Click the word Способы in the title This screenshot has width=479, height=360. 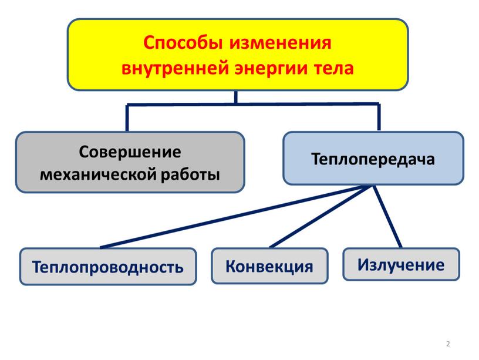[x=183, y=43]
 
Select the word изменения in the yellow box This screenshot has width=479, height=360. [x=281, y=43]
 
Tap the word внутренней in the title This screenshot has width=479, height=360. [x=175, y=68]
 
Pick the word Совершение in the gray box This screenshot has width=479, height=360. [x=130, y=152]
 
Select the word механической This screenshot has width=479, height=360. [x=98, y=175]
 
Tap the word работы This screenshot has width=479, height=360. [x=190, y=174]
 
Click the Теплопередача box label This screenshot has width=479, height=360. [x=373, y=160]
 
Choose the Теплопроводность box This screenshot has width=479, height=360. [x=108, y=267]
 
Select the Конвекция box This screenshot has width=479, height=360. [x=269, y=266]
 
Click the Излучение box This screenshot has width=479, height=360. [x=401, y=264]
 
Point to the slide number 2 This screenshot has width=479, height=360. [x=448, y=344]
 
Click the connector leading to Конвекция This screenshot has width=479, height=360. [x=320, y=216]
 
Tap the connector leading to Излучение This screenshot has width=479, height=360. [x=387, y=216]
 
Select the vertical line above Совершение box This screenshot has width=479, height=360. [x=127, y=118]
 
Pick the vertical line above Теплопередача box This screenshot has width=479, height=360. [x=379, y=117]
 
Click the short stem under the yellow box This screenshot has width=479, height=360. [x=235, y=97]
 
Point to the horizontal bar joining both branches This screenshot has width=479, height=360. [x=253, y=105]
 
